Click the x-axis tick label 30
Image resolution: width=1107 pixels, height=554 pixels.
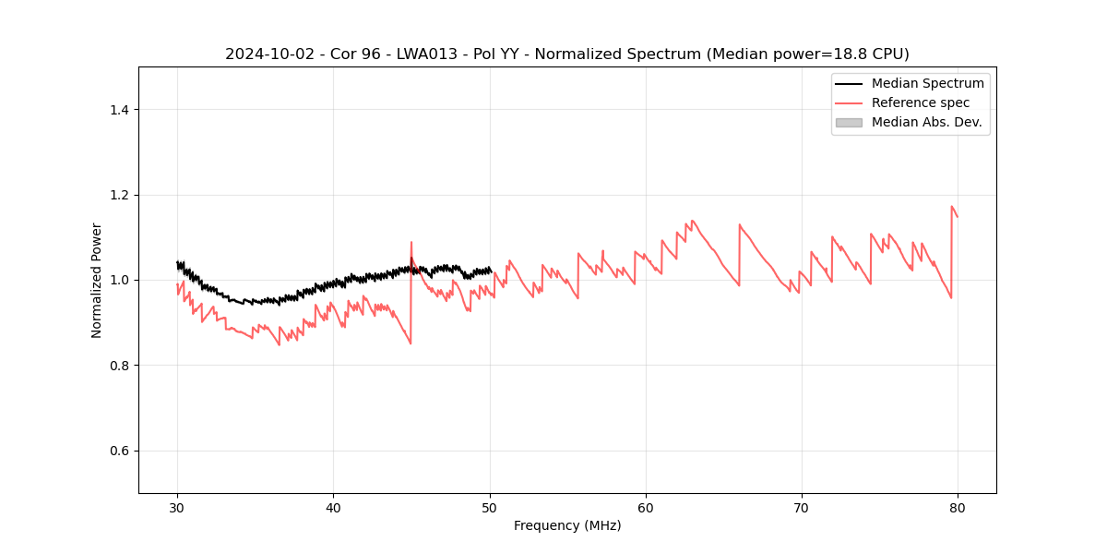tap(177, 507)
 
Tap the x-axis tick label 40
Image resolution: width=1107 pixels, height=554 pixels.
tap(333, 507)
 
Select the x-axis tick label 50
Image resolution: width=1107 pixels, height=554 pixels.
tap(490, 507)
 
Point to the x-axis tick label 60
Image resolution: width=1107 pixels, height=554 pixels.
tap(646, 507)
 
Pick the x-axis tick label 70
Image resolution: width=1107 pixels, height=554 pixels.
tap(802, 507)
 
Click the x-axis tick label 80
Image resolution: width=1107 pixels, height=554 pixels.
tap(958, 507)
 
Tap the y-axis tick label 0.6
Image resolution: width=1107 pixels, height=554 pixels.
tap(119, 451)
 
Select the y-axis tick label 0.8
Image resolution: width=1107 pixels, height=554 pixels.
tap(119, 366)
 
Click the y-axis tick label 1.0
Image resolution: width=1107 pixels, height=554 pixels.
tap(119, 280)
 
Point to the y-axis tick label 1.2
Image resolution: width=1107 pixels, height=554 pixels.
tap(119, 195)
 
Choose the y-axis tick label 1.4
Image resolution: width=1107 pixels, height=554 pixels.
tap(119, 110)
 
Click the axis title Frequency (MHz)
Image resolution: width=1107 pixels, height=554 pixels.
tap(567, 525)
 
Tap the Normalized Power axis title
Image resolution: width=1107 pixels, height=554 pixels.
tap(97, 280)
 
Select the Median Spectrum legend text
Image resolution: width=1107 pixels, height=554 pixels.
tap(927, 83)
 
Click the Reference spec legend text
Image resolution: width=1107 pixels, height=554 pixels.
tap(921, 102)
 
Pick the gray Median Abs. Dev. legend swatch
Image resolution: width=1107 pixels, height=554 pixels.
tap(849, 122)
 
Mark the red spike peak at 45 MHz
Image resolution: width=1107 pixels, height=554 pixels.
tap(411, 243)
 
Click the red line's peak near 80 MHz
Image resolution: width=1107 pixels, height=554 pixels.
tap(951, 207)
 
